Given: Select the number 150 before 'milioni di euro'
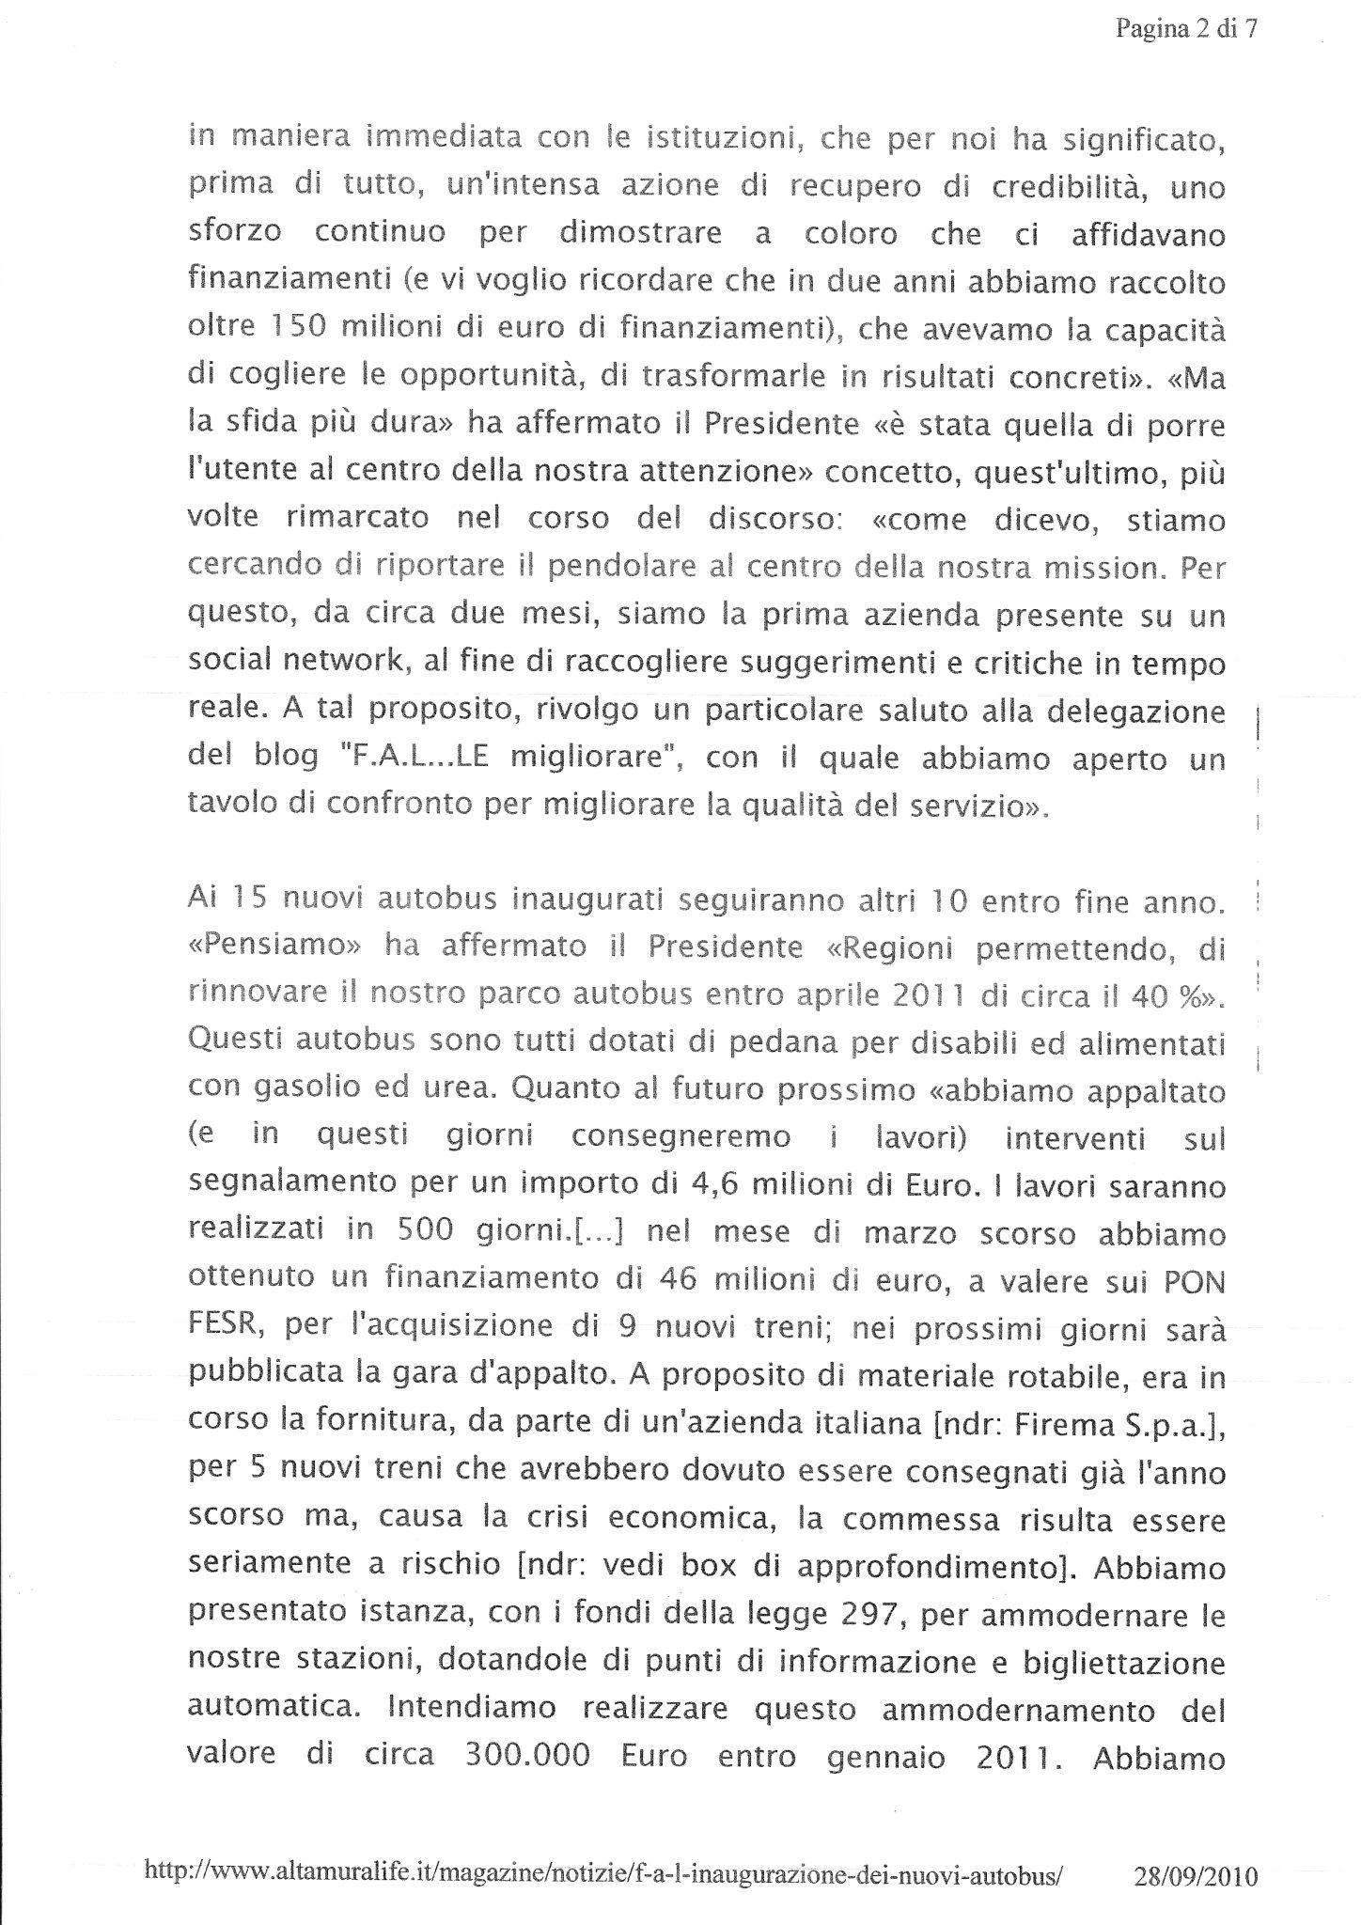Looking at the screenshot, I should [297, 330].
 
